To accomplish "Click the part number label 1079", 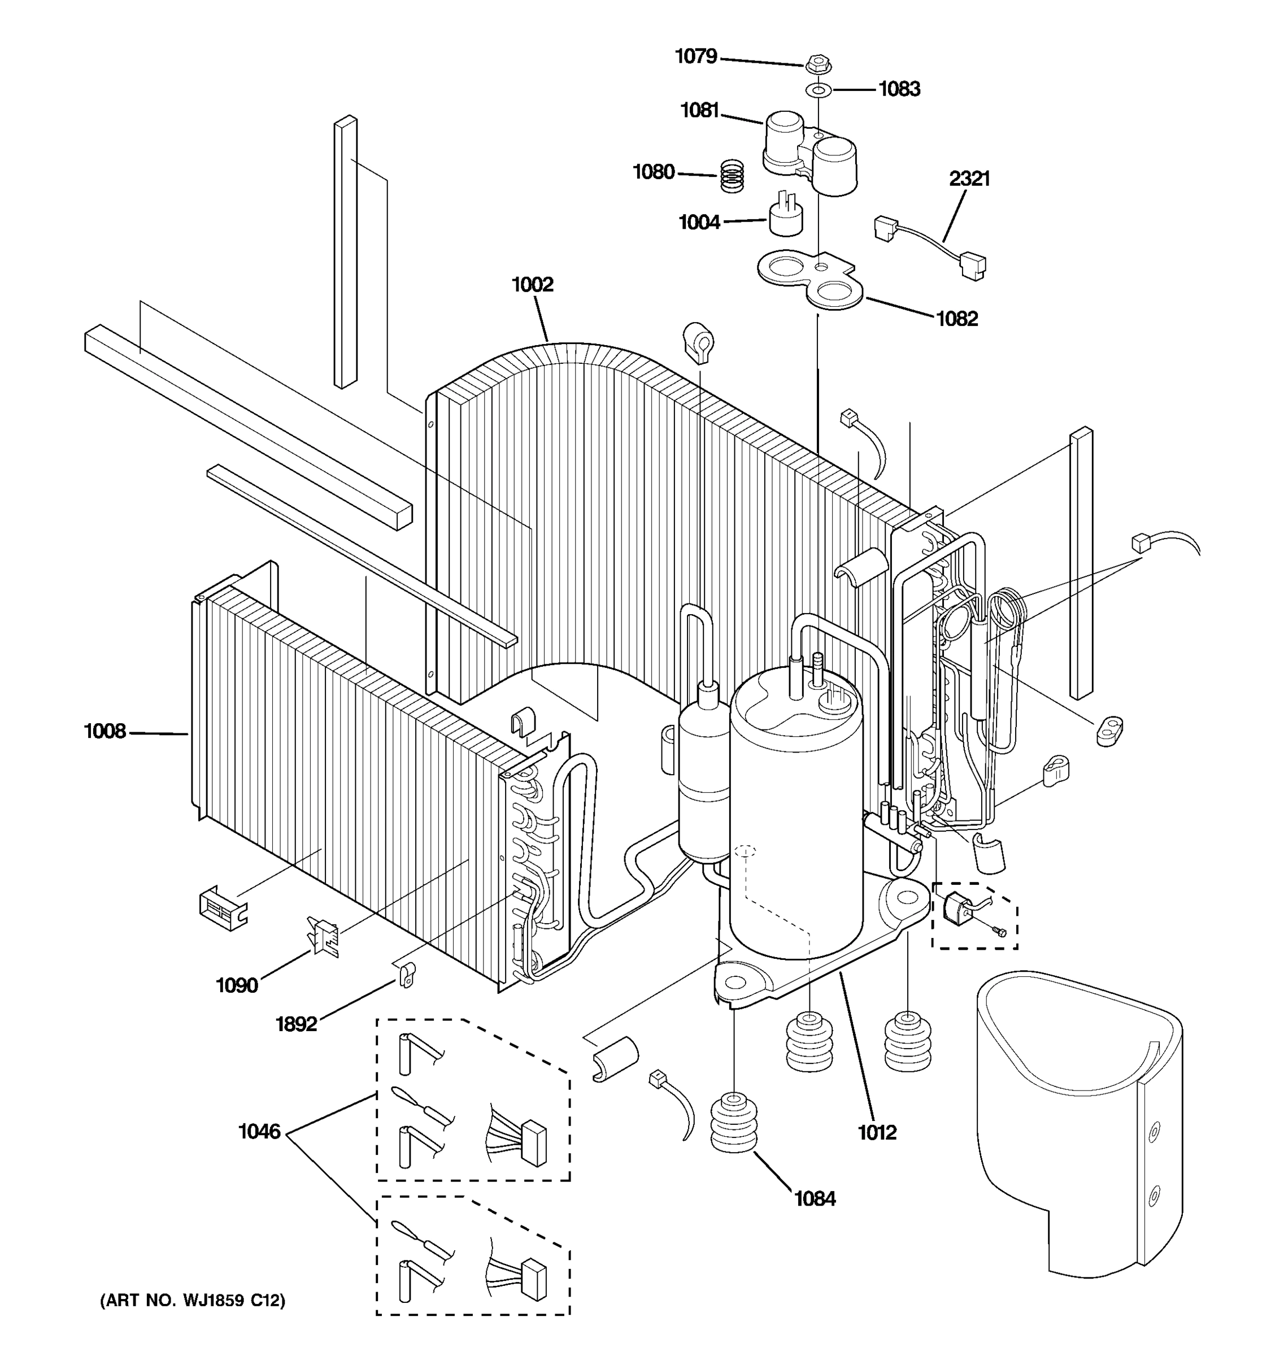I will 695,56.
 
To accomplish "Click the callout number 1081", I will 699,111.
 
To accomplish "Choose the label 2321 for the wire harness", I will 969,179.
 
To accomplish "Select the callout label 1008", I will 105,732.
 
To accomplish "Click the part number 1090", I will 237,985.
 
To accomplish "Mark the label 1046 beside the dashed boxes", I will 259,1132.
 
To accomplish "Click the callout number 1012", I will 877,1132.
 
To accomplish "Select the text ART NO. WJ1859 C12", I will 193,1301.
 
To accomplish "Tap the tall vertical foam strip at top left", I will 345,253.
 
